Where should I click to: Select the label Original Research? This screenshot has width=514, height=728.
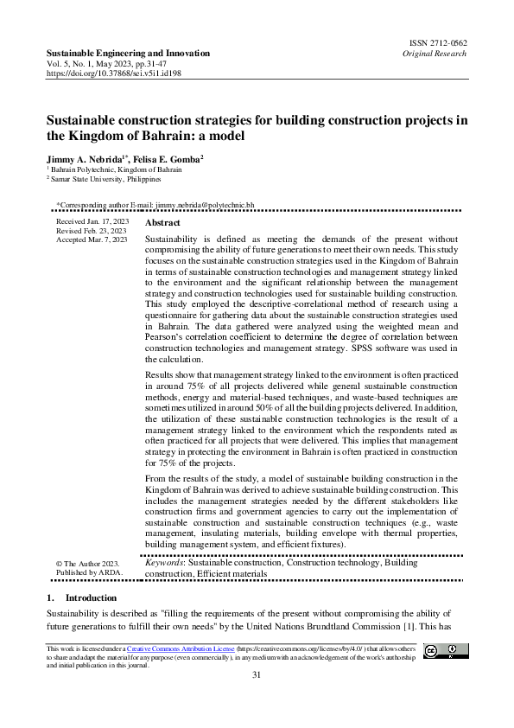[x=434, y=53]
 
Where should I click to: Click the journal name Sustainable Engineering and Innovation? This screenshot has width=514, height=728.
[x=128, y=53]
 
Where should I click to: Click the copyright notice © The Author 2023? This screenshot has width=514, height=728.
[x=87, y=563]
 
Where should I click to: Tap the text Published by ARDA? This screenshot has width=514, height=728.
[x=88, y=572]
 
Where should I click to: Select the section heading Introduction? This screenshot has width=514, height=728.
[x=90, y=597]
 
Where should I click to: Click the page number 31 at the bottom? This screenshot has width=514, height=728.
[x=257, y=674]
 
